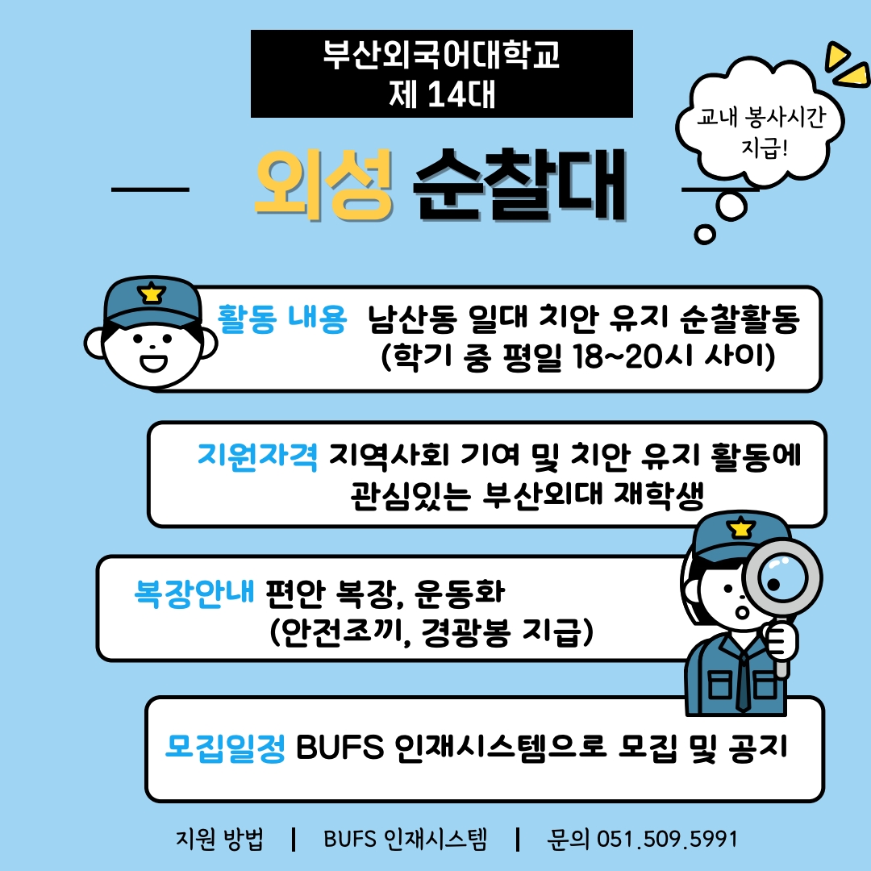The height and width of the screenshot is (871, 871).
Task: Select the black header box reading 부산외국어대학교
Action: point(441,74)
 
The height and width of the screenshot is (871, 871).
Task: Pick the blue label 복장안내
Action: point(194,594)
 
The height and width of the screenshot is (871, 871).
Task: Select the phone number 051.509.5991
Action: point(667,839)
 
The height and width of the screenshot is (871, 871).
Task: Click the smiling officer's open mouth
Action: point(152,361)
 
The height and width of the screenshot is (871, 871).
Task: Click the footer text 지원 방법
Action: point(219,839)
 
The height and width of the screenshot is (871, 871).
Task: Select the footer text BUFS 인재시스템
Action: point(405,839)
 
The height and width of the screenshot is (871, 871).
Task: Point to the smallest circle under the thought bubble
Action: point(705,235)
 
